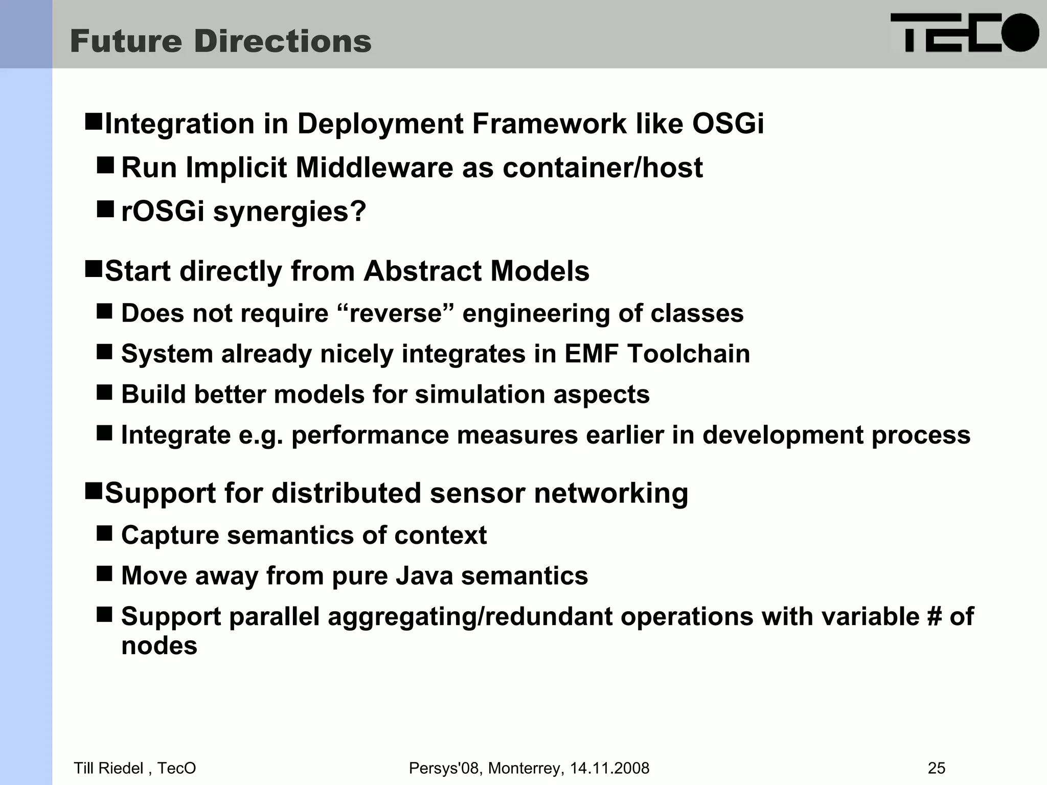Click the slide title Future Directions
tap(221, 41)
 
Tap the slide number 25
tap(936, 768)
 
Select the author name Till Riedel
tap(109, 768)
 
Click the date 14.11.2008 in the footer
tap(609, 768)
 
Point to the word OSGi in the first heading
tap(727, 124)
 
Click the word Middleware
tap(374, 168)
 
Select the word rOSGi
tap(163, 211)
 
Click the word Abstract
tap(422, 271)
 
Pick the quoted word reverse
tap(395, 313)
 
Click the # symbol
tap(934, 616)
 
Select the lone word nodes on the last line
tap(159, 645)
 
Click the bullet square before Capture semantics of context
tap(104, 534)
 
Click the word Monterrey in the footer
tap(525, 768)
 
